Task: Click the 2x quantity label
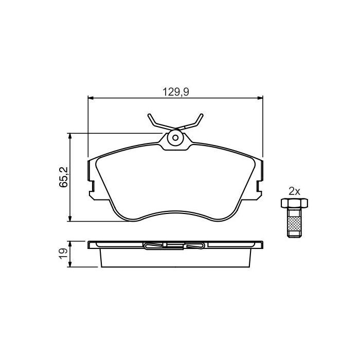(294, 191)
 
